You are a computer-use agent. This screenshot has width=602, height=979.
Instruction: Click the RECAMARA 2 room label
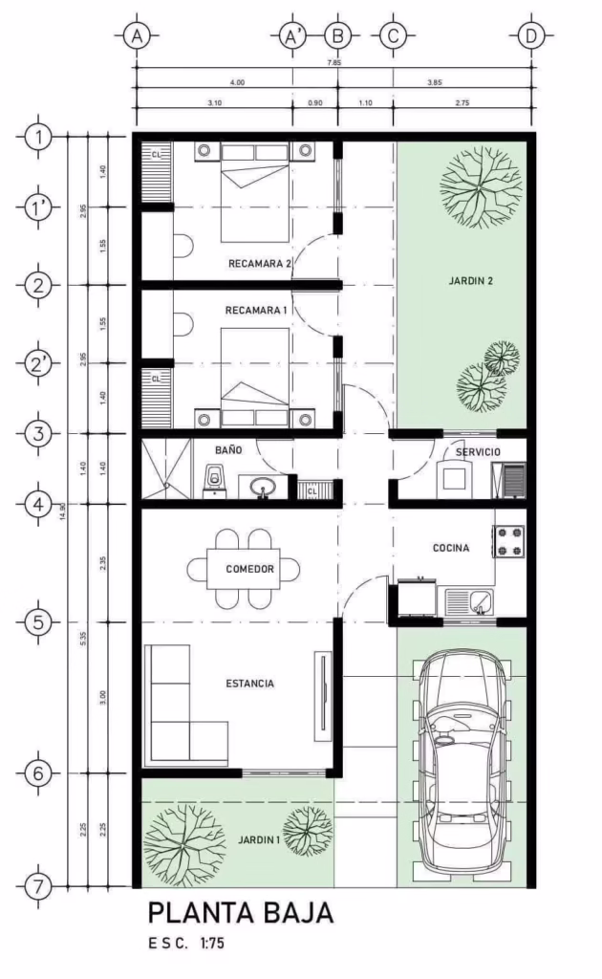[x=259, y=263]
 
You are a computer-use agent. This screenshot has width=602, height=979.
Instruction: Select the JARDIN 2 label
[x=471, y=281]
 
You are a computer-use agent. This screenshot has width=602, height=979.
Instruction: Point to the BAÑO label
[x=228, y=448]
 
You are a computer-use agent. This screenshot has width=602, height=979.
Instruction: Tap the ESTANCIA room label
[x=249, y=684]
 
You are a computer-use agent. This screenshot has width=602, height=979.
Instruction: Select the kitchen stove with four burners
[x=509, y=541]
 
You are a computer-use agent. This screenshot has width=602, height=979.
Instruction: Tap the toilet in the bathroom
[x=214, y=479]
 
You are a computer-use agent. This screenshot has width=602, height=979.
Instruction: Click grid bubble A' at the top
[x=291, y=36]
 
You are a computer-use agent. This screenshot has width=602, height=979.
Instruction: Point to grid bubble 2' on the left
[x=37, y=363]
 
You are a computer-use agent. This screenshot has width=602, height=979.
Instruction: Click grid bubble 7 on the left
[x=37, y=885]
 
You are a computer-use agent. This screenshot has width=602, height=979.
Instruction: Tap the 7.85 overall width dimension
[x=333, y=62]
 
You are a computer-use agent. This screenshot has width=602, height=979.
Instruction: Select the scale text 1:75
[x=212, y=943]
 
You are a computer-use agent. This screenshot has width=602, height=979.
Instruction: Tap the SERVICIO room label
[x=477, y=450]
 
